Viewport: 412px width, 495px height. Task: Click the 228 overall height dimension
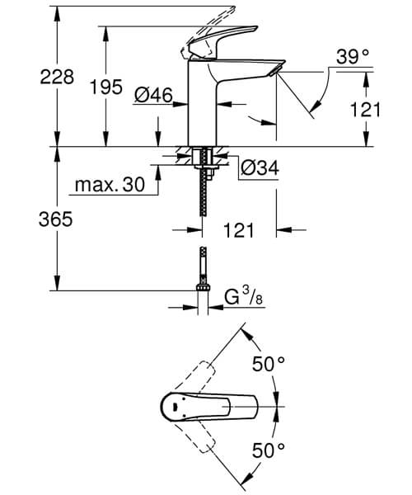pos(58,78)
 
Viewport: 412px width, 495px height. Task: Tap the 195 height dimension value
pos(106,87)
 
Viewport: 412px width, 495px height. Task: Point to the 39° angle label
pos(353,56)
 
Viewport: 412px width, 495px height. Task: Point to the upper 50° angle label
pos(269,364)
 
